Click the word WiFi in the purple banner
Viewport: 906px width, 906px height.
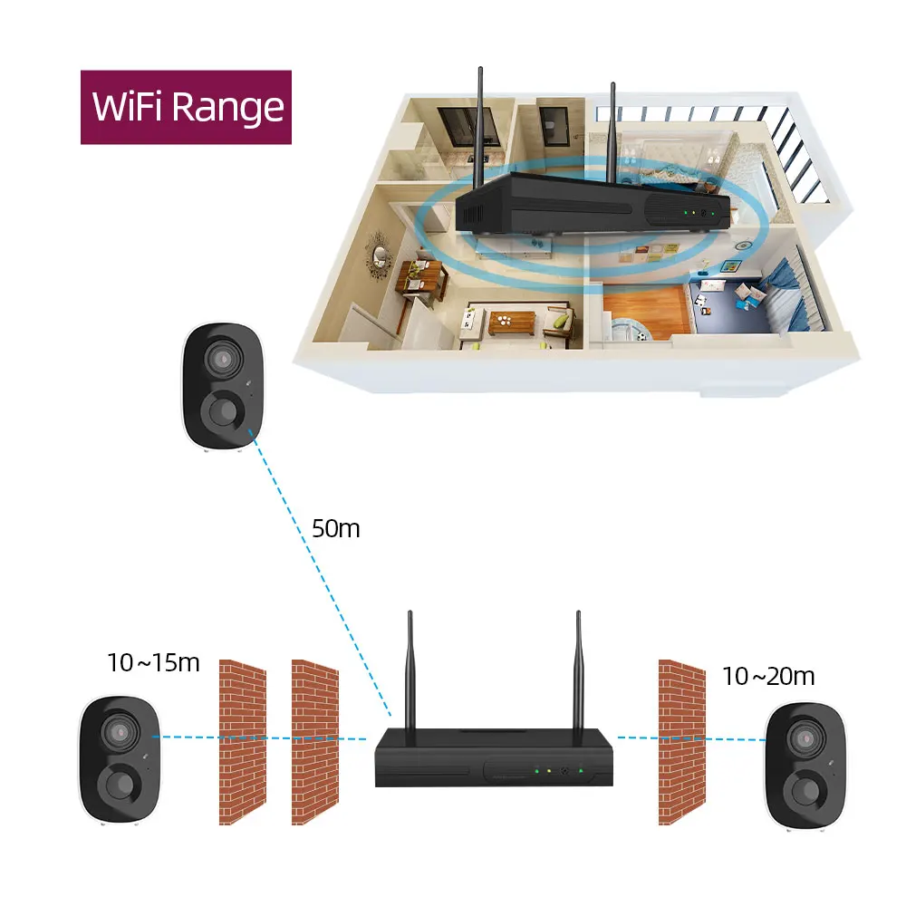coord(129,107)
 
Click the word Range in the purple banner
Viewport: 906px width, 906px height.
coord(227,109)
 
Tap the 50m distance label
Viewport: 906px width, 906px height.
coord(335,528)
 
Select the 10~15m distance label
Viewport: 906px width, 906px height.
coord(153,662)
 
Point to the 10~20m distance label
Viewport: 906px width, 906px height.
coord(768,676)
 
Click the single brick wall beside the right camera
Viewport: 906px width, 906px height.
coord(681,741)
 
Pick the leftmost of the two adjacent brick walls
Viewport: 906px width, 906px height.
coord(243,741)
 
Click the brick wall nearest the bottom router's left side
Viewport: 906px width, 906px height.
coord(314,741)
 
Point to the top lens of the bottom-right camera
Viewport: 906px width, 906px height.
coord(804,738)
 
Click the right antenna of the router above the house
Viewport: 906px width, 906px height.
coord(613,127)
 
